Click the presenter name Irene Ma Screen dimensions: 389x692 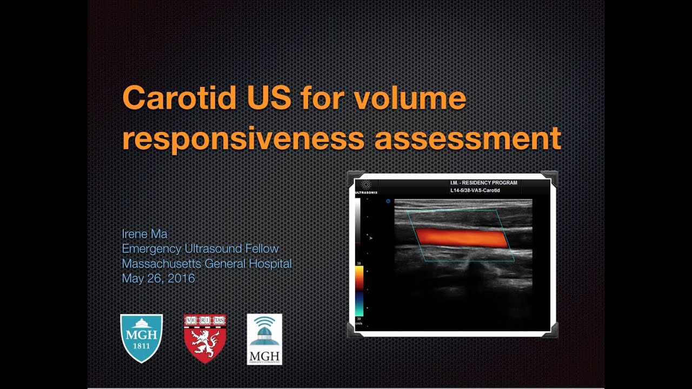point(145,234)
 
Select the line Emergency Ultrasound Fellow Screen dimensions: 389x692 point(200,249)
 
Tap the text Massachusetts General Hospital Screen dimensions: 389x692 point(207,264)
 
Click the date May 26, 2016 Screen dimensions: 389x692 point(158,279)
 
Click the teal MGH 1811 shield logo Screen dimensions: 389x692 point(141,338)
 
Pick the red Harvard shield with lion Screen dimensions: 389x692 point(205,338)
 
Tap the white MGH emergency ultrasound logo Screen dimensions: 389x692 point(264,339)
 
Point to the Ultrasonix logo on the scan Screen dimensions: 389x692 point(366,186)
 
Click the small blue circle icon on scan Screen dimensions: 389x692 point(388,202)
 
